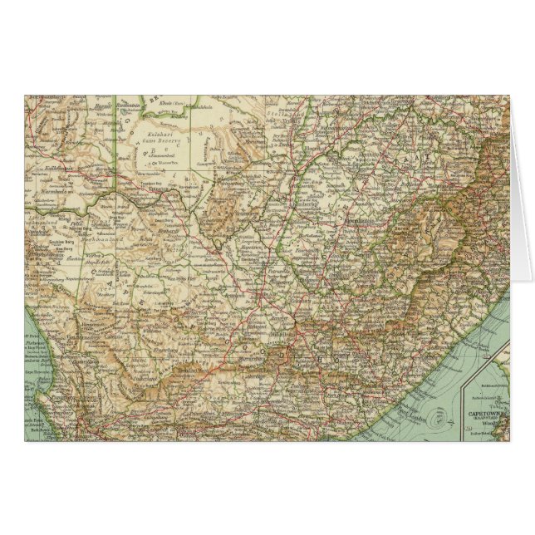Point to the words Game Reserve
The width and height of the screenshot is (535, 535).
click(x=154, y=140)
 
